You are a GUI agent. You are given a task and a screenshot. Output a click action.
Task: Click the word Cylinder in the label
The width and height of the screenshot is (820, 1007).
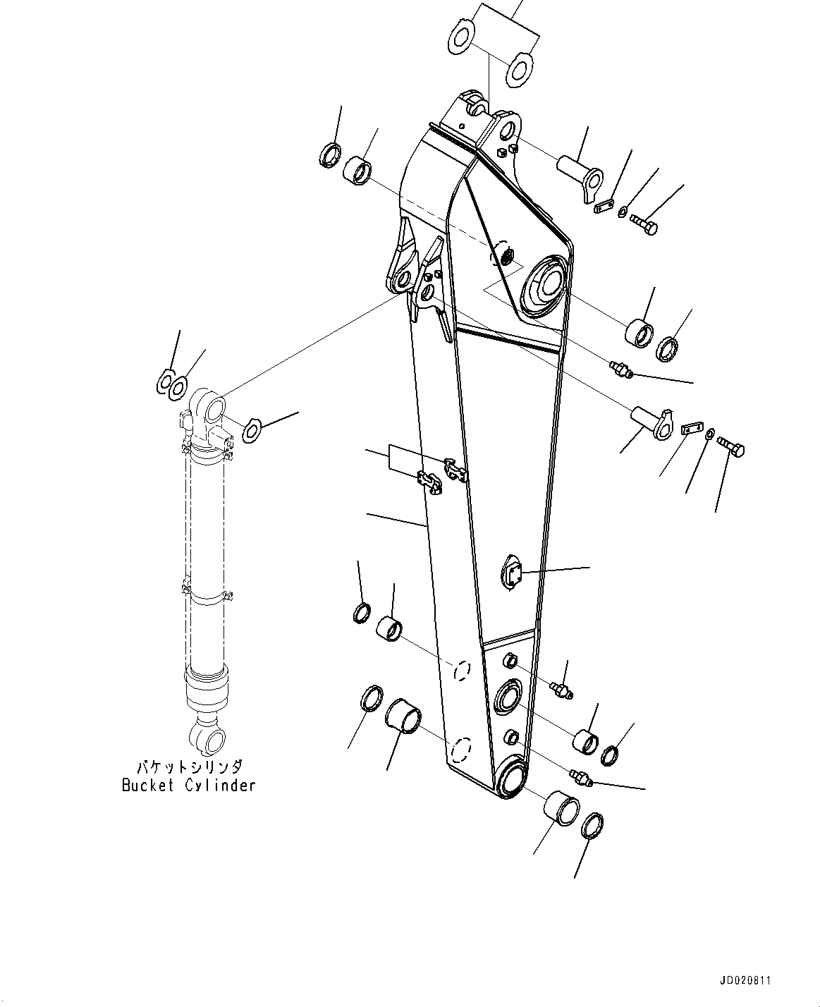point(220,786)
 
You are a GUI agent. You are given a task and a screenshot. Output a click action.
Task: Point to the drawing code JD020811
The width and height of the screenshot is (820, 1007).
point(745,980)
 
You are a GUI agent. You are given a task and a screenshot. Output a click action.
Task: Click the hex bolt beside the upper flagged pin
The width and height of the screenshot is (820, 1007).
point(643,224)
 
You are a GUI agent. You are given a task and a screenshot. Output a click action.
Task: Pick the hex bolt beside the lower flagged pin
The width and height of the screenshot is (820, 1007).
point(730,447)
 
